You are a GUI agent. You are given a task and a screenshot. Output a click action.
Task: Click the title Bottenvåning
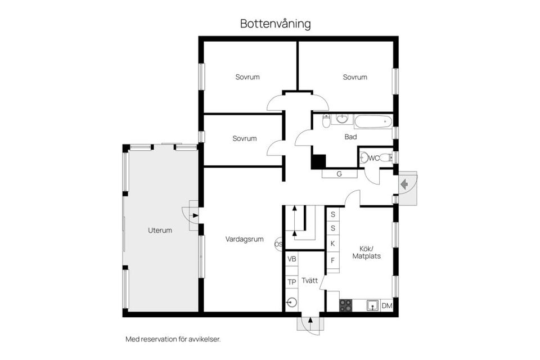point(275,24)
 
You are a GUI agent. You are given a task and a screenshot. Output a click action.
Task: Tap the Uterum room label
point(160,230)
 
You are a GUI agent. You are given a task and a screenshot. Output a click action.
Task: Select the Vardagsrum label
point(244,239)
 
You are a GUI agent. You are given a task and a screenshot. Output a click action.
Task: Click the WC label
point(373,158)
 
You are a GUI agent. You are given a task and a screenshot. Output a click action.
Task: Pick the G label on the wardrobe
point(339,174)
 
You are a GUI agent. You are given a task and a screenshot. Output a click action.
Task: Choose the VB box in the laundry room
point(291,259)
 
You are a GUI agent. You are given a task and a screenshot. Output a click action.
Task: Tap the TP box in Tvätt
point(291,282)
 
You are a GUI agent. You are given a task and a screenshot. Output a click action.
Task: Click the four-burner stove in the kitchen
point(345,305)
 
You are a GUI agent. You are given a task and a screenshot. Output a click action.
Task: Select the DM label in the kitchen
point(386,305)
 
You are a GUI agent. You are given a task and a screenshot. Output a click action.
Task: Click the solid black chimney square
point(318,161)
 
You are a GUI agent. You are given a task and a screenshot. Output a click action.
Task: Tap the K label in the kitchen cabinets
point(332,244)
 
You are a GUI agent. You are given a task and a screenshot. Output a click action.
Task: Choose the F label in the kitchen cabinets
point(332,260)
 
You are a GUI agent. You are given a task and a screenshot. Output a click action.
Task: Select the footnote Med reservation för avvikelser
point(173,339)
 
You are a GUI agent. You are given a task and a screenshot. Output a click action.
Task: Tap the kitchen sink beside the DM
point(372,305)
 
